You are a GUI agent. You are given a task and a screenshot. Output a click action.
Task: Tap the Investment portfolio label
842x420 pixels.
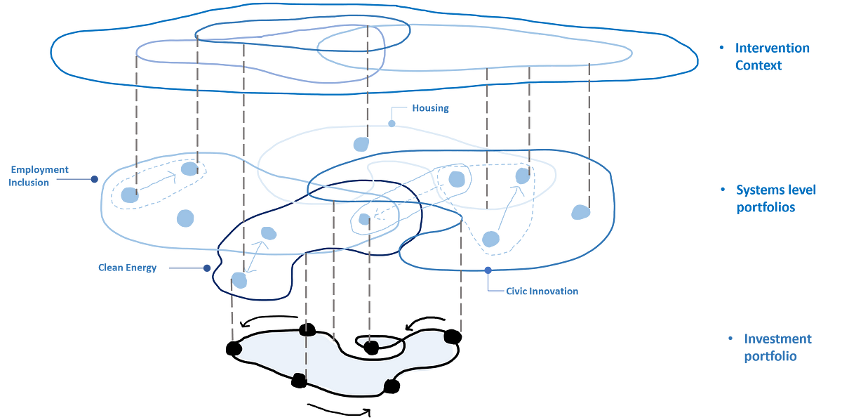pos(777,347)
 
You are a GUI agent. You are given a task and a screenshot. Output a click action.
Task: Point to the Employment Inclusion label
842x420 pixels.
pos(39,176)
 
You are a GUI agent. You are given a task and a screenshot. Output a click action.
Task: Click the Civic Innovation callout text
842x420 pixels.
pos(542,291)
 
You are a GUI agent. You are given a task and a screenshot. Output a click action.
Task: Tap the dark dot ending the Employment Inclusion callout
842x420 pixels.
pos(94,179)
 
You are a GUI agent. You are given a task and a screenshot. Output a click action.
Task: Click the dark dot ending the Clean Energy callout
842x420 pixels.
pos(207,268)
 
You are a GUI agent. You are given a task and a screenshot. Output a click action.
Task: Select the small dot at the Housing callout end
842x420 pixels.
pos(392,122)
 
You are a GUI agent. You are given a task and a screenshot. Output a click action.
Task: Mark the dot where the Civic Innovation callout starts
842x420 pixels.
pos(488,270)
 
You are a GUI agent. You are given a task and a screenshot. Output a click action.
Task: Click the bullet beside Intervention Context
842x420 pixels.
pos(721,48)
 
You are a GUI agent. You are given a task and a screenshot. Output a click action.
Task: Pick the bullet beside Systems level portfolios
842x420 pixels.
pos(723,190)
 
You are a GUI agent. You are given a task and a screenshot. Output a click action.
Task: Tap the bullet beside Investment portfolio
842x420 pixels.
pos(730,339)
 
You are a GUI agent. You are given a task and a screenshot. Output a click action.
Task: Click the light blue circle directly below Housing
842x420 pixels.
pos(361,144)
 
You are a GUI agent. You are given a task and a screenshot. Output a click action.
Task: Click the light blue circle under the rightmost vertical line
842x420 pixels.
pos(580,211)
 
